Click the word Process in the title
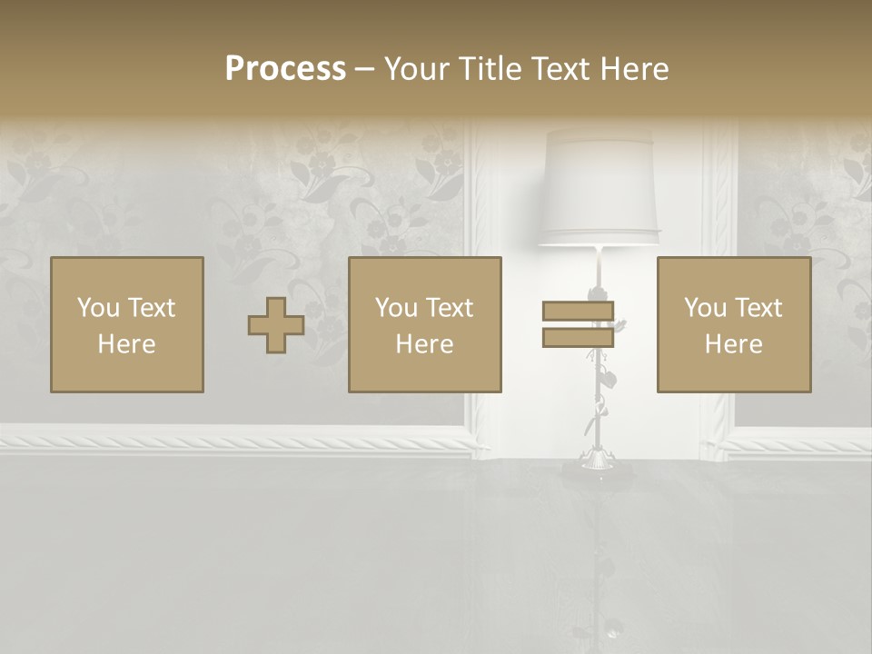(285, 69)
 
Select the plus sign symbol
(276, 325)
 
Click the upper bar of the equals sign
(578, 312)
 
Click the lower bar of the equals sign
(578, 337)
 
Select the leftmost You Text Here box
(127, 324)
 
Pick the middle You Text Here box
(425, 324)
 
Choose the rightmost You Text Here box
(734, 324)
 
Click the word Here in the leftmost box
(127, 344)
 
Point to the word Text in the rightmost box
(757, 308)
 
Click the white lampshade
(599, 186)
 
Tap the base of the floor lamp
(597, 465)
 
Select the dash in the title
(364, 69)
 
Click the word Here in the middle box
(425, 344)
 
